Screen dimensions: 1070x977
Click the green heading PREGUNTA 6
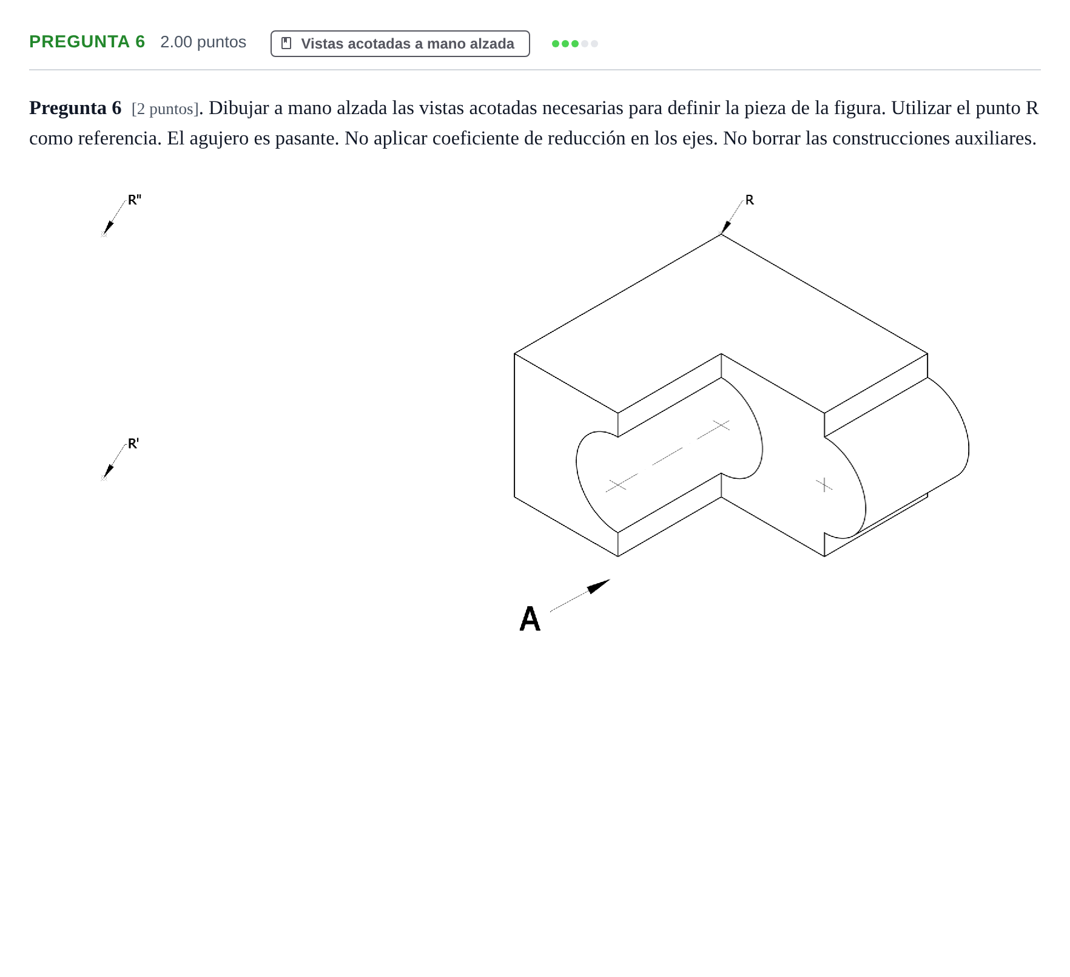pos(87,42)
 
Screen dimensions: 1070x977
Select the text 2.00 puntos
pos(203,42)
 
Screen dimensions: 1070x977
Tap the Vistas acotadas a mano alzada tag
pos(400,44)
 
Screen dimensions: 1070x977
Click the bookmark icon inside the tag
pos(287,44)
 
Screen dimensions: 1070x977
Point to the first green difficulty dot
pos(556,44)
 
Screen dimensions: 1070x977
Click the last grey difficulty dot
pos(594,44)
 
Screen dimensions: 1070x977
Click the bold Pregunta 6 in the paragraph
pos(75,108)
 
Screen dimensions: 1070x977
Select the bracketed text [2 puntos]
pos(165,109)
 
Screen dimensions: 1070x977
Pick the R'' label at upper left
pos(135,200)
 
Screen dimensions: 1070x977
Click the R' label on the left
pos(133,444)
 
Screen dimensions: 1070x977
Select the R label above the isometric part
pos(750,200)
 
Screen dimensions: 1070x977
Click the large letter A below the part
pos(530,619)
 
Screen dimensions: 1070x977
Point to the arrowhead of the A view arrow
pos(598,586)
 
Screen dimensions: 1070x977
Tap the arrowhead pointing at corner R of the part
pos(725,228)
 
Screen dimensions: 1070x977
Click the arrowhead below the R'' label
pos(107,228)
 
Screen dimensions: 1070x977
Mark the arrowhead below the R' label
pos(107,472)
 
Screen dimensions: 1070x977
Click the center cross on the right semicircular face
pos(824,484)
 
